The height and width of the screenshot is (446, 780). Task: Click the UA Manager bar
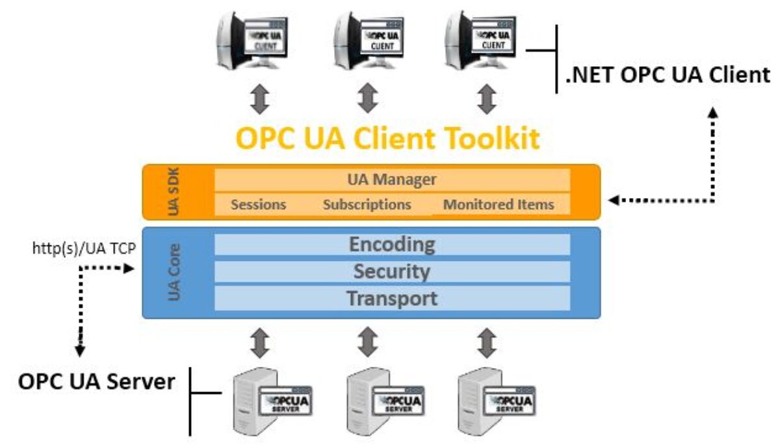pyautogui.click(x=392, y=179)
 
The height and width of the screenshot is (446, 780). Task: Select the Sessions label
pyautogui.click(x=259, y=204)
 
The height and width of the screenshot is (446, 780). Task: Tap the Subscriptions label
pyautogui.click(x=367, y=204)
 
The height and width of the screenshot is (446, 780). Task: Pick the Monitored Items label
pyautogui.click(x=499, y=204)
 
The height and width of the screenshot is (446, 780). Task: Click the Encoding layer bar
pyautogui.click(x=392, y=245)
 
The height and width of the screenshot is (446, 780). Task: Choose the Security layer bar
pyautogui.click(x=392, y=271)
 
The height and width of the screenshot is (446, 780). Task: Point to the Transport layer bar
pyautogui.click(x=392, y=299)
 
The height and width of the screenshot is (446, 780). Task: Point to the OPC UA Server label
pyautogui.click(x=97, y=381)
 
